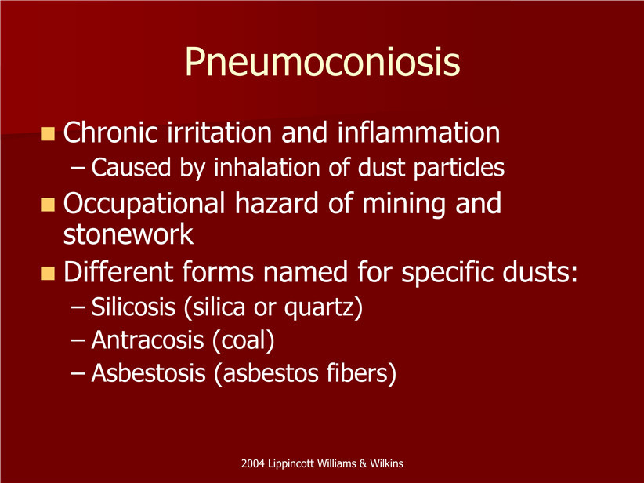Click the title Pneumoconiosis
point(323,62)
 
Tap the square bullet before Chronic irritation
point(48,134)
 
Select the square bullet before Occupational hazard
point(48,205)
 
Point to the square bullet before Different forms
point(48,274)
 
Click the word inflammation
point(418,133)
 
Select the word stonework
point(128,234)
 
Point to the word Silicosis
point(133,307)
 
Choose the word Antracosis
point(148,340)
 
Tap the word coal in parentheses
point(243,341)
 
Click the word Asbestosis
point(148,373)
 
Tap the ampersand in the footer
point(363,463)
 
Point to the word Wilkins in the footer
point(386,463)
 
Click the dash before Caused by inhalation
point(78,168)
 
